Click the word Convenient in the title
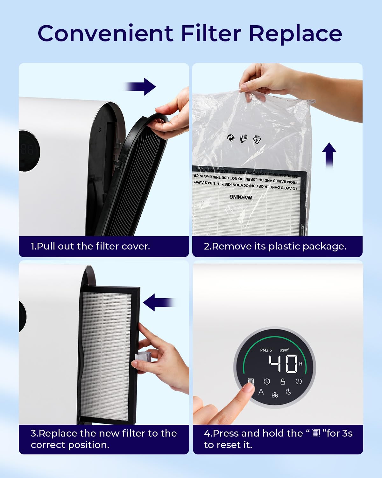coord(105,33)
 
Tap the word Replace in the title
coord(295,33)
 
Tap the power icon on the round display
coord(298,381)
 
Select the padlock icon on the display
coord(282,381)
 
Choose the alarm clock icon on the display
coord(267,381)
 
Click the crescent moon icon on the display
coord(289,392)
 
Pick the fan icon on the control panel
coord(275,395)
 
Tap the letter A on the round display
coord(261,392)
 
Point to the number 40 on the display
coord(283,364)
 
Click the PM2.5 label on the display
coord(266,350)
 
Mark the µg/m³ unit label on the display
coord(284,350)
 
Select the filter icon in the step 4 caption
coord(316,433)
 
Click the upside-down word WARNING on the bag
coord(241,197)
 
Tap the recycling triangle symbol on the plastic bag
coord(257,139)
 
